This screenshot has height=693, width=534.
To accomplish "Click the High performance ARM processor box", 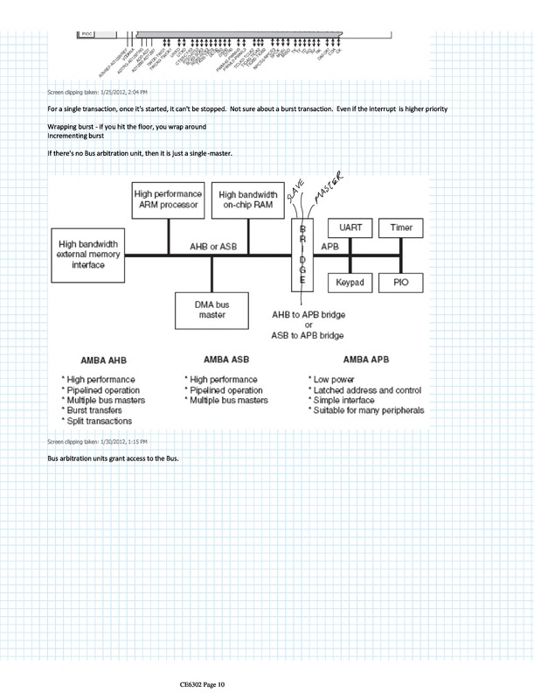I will pos(168,202).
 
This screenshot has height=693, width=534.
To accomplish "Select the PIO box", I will pos(401,283).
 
